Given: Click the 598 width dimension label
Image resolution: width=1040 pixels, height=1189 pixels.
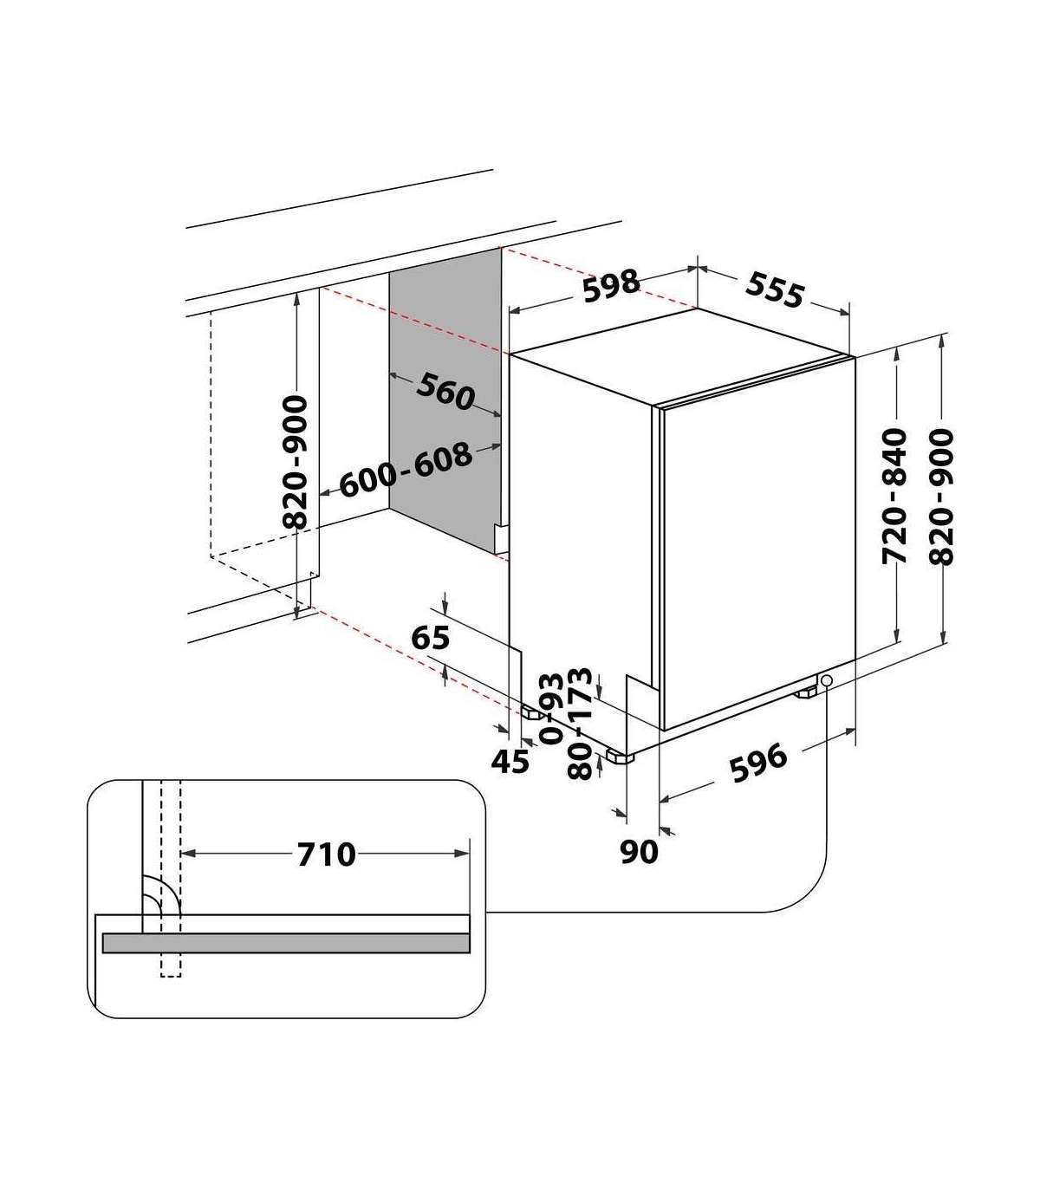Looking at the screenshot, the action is (x=611, y=285).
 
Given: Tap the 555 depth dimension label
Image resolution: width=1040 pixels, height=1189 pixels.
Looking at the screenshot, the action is (x=775, y=289).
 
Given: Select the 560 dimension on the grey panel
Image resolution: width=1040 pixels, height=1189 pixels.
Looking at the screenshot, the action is (x=445, y=392).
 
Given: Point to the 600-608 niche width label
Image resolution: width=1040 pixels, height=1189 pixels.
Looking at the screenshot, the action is (x=406, y=470).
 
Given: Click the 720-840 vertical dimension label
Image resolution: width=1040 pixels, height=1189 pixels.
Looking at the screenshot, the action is (x=894, y=496).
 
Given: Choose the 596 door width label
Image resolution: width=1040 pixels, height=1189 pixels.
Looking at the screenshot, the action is (x=759, y=763).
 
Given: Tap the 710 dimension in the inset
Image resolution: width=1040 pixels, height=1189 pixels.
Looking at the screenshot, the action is (x=326, y=854).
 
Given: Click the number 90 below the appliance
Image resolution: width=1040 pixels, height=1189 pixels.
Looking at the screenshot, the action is (x=639, y=852).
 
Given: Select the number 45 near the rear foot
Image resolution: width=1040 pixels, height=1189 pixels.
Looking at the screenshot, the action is (x=510, y=761).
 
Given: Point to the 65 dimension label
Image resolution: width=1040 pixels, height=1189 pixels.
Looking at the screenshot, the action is (x=431, y=638).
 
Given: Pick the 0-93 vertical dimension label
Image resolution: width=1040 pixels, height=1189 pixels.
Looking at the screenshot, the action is (x=551, y=708).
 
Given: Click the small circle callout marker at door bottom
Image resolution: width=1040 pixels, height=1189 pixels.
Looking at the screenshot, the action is (x=826, y=680).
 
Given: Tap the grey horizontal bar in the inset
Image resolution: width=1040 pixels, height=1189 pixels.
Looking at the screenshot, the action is (x=286, y=943).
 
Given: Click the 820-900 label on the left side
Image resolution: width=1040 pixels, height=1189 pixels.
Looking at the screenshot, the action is (x=295, y=462).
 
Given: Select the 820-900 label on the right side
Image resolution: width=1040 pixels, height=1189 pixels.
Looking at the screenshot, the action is (x=942, y=497).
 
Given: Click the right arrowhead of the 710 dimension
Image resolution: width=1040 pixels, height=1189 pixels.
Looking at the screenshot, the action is (x=462, y=853).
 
